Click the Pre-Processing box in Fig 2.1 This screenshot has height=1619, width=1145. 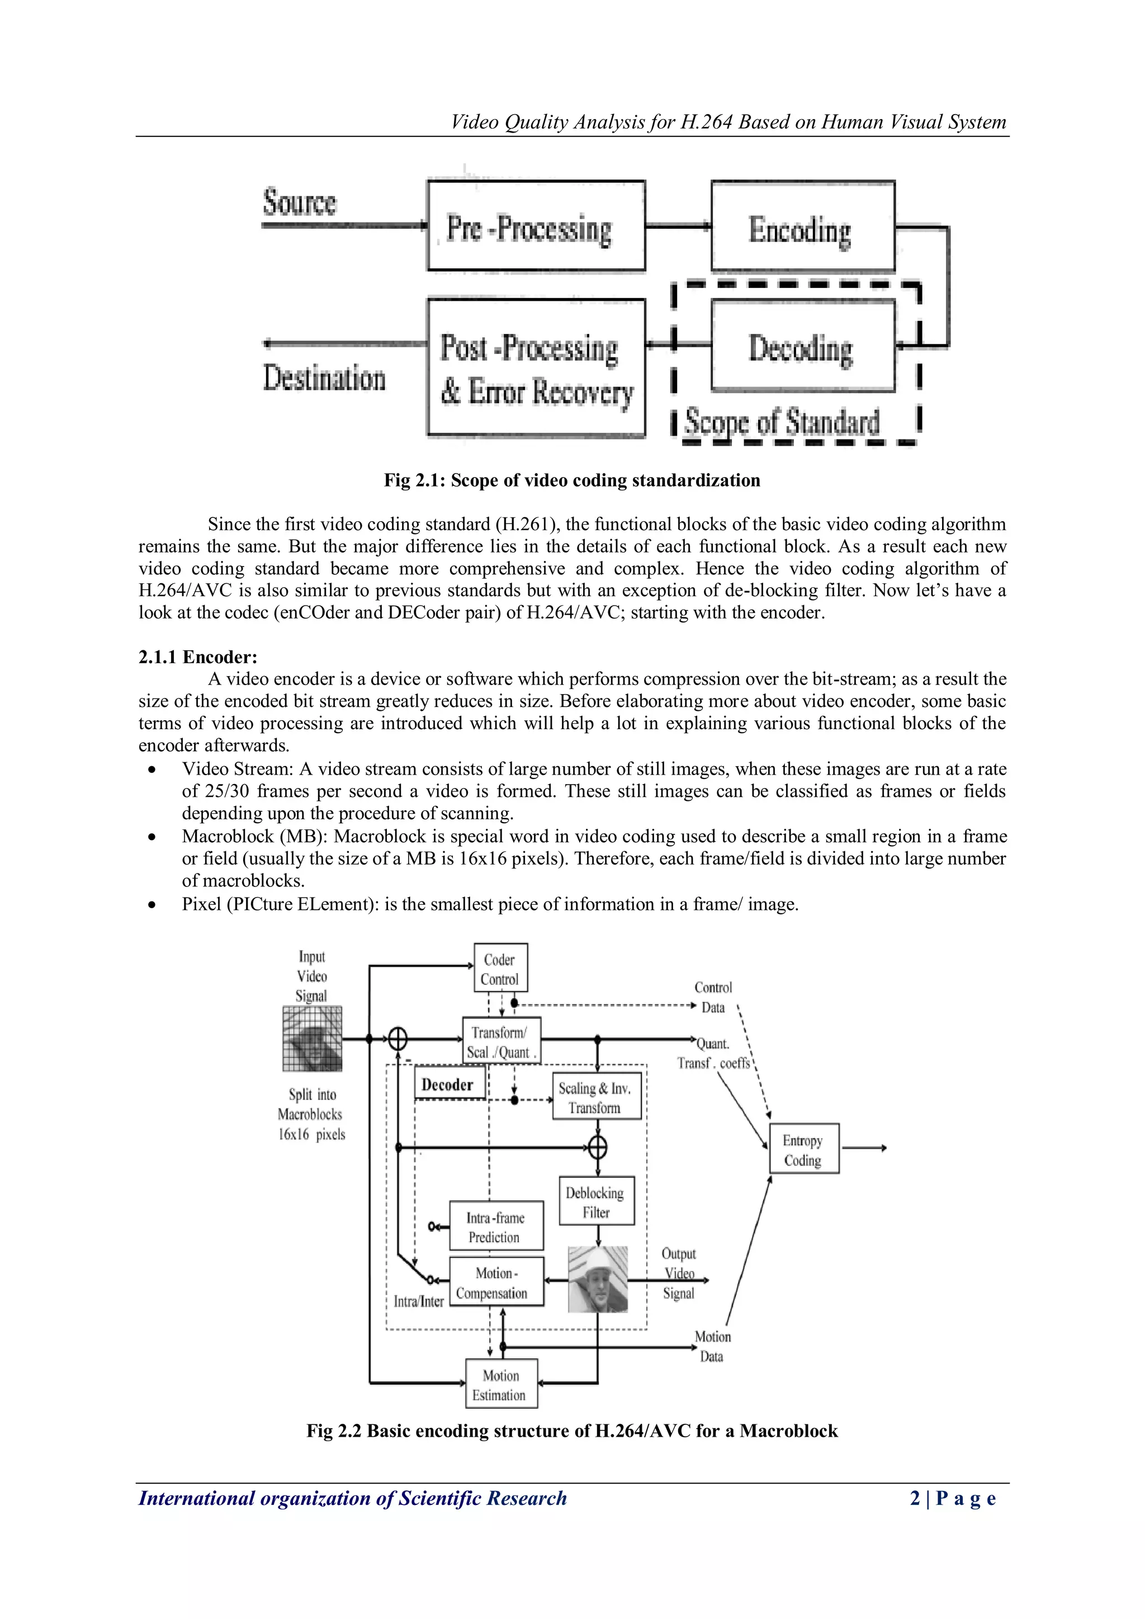click(x=536, y=225)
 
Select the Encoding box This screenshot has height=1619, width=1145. click(x=802, y=227)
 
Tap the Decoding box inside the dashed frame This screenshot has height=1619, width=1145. click(x=802, y=346)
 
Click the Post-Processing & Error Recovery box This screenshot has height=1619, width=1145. click(x=536, y=368)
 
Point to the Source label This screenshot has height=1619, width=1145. click(x=300, y=202)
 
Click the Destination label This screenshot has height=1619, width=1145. click(x=324, y=378)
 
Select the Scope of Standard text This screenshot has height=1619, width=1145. click(x=782, y=422)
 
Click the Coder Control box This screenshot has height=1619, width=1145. click(x=500, y=968)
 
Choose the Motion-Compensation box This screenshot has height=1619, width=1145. click(x=496, y=1282)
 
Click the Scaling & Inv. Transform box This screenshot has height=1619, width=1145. click(x=597, y=1097)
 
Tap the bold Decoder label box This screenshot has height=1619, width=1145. click(x=449, y=1084)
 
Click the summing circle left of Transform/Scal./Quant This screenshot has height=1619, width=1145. click(x=399, y=1039)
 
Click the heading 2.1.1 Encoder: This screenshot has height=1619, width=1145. click(x=198, y=657)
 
